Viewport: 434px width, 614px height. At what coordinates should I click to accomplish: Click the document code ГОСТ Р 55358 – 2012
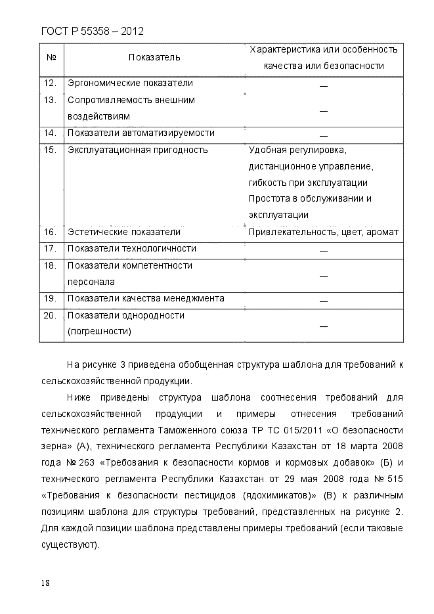(x=92, y=31)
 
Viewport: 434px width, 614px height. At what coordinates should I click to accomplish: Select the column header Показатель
(x=154, y=58)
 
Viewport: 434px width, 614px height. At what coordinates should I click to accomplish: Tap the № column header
(x=51, y=58)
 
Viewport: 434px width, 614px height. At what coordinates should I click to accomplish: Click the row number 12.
(x=50, y=83)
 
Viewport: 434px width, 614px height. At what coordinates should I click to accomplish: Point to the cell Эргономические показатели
(x=130, y=83)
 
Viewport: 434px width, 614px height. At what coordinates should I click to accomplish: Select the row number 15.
(x=50, y=150)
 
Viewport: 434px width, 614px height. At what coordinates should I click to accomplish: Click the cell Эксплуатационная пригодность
(x=137, y=150)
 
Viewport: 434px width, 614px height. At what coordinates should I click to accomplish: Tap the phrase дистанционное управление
(x=311, y=166)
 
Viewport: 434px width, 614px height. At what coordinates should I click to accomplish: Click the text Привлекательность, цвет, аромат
(x=324, y=232)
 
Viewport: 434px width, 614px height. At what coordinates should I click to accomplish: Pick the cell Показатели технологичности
(x=131, y=249)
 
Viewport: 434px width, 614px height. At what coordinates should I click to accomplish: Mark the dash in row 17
(x=323, y=251)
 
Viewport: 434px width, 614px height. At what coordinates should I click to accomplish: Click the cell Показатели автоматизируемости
(x=141, y=133)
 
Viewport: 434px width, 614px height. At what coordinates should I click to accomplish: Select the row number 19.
(x=50, y=299)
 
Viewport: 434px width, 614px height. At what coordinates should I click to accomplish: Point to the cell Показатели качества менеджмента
(x=146, y=299)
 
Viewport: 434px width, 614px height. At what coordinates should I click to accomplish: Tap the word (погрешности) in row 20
(x=99, y=332)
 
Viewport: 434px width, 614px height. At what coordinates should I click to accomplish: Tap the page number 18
(x=45, y=582)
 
